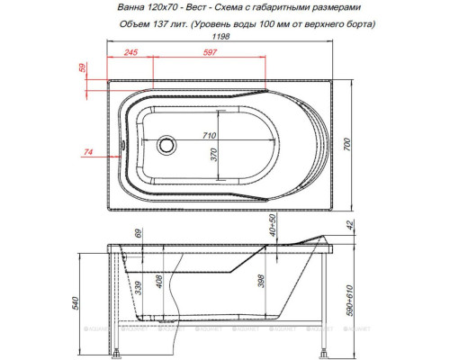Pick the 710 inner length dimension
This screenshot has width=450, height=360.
[x=211, y=135]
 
